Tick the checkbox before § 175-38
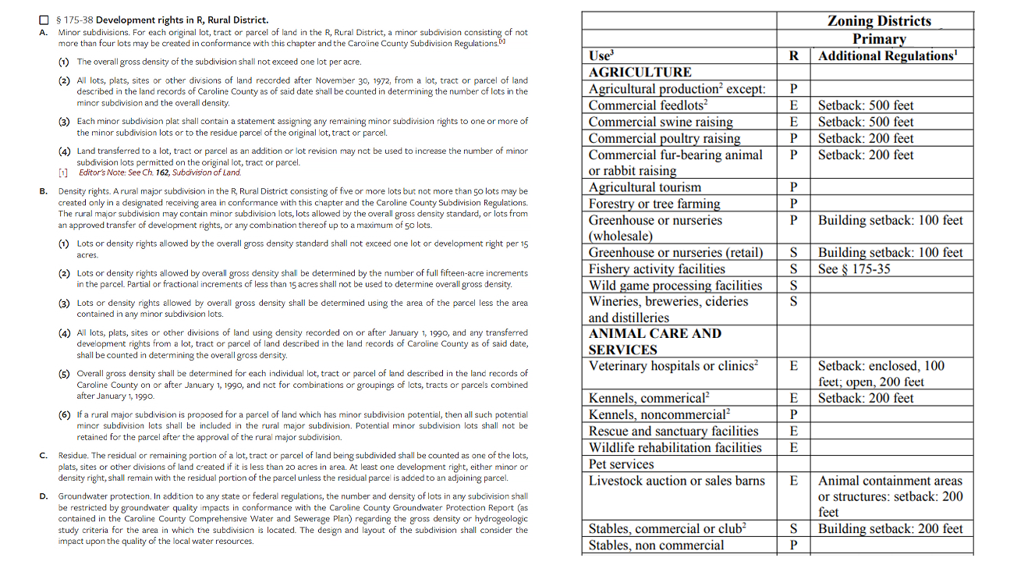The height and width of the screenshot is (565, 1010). (45, 20)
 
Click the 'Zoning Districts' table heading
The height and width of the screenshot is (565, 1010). (879, 21)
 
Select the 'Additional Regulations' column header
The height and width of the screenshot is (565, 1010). (888, 55)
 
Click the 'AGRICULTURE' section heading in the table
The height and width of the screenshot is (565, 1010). (640, 73)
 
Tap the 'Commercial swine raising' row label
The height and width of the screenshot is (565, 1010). (661, 122)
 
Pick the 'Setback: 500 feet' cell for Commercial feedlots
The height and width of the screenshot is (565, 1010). (866, 105)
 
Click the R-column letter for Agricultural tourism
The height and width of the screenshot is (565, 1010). (793, 187)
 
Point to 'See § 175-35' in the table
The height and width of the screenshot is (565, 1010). (854, 269)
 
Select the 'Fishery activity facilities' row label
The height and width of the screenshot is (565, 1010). (657, 269)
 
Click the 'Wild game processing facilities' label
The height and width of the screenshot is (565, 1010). (675, 286)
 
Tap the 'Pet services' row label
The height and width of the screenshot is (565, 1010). (621, 464)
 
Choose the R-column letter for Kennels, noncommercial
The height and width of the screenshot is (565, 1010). (793, 414)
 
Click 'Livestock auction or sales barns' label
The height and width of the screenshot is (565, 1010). (677, 481)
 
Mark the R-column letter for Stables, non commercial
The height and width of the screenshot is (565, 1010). (793, 545)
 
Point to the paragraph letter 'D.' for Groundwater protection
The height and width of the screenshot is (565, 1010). (42, 496)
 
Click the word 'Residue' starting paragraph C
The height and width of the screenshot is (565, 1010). (73, 455)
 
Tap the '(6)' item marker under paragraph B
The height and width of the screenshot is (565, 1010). (64, 414)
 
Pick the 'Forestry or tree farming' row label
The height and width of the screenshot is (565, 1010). (654, 204)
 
